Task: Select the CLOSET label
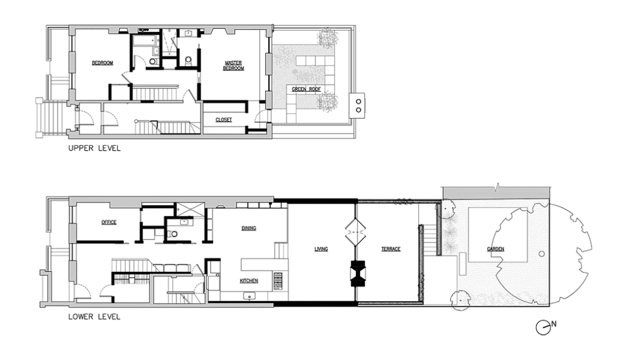pyautogui.click(x=223, y=119)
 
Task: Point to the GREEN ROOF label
pyautogui.click(x=306, y=89)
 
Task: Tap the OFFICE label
pyautogui.click(x=108, y=222)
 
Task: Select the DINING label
pyautogui.click(x=248, y=228)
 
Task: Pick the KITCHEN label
pyautogui.click(x=248, y=280)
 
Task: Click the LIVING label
pyautogui.click(x=321, y=249)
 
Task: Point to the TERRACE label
pyautogui.click(x=391, y=249)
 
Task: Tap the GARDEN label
pyautogui.click(x=495, y=249)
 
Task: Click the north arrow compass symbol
pyautogui.click(x=543, y=328)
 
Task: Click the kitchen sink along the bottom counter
pyautogui.click(x=249, y=296)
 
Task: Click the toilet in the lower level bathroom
pyautogui.click(x=174, y=233)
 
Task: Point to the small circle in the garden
pyautogui.click(x=541, y=253)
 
